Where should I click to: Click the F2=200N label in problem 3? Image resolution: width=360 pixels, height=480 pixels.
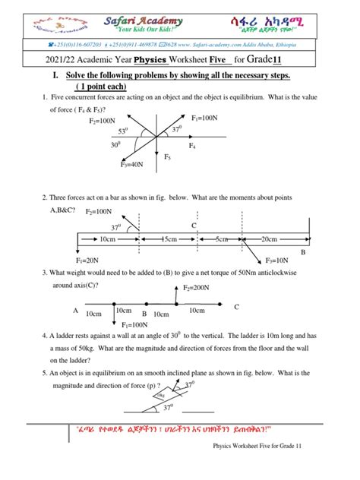[197, 289]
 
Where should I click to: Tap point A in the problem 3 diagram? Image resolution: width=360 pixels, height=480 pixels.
[75, 311]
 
